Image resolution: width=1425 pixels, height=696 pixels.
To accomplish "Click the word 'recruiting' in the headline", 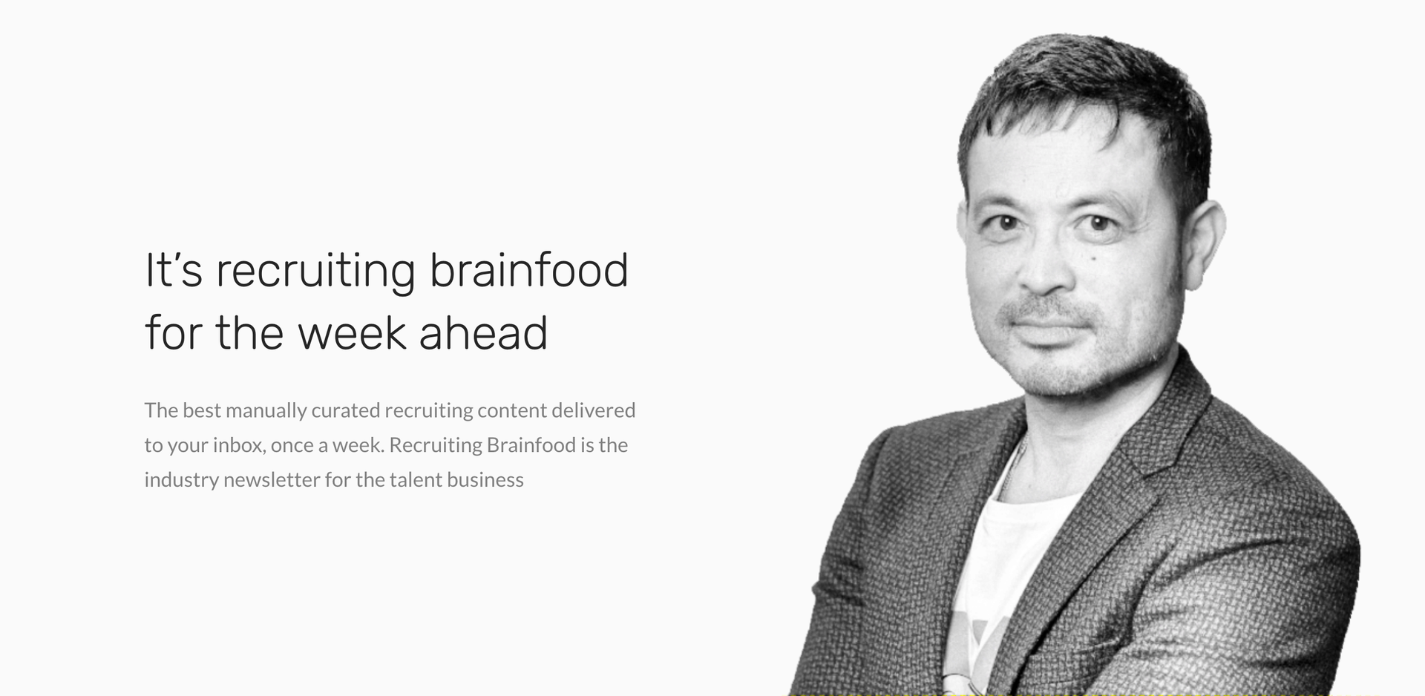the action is point(315,272).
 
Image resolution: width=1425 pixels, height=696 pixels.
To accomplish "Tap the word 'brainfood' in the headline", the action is point(529,269).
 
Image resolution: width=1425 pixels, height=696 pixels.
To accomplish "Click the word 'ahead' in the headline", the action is point(483,332).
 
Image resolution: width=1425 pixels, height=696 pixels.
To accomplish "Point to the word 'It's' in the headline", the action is point(174,269).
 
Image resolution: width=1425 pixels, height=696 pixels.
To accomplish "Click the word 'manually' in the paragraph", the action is point(266,411).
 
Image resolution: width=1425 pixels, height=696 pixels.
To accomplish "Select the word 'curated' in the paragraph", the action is point(346,410).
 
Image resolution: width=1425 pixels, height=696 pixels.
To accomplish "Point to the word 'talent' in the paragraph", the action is point(416,480).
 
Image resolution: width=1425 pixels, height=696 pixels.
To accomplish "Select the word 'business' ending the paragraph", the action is point(485,480).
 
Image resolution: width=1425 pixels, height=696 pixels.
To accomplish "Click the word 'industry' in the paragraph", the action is point(182,480).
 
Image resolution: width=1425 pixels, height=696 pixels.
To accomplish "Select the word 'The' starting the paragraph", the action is point(161,410).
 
